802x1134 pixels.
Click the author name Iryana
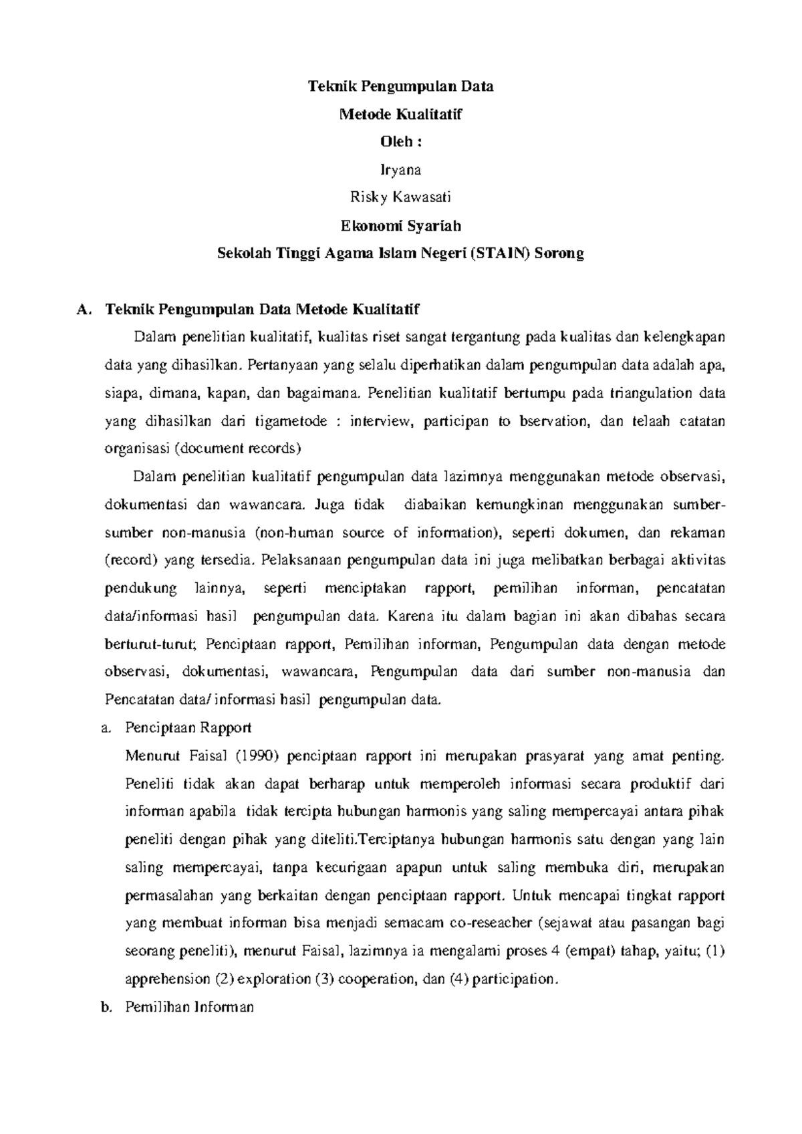pos(400,171)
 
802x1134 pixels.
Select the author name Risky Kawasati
pos(400,198)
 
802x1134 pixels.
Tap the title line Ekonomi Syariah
pos(400,226)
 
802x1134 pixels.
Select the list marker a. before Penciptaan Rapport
pos(104,728)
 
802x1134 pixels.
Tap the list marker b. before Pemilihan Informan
pos(104,1008)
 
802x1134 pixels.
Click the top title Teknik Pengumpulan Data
pos(400,86)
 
